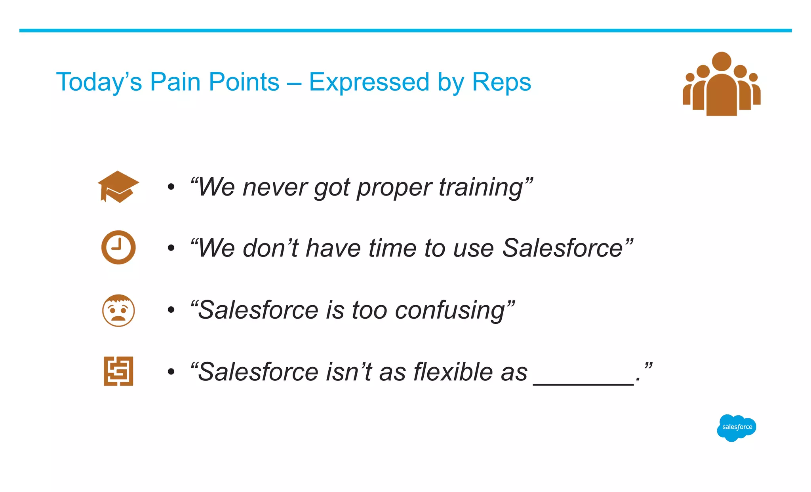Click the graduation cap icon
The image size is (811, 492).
[118, 187]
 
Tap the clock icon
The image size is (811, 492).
[118, 247]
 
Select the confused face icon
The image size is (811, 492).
[118, 310]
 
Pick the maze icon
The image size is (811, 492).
[118, 371]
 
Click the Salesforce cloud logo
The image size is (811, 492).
[737, 427]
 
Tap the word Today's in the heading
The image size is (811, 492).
[99, 82]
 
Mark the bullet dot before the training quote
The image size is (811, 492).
[171, 187]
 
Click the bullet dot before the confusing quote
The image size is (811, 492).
[171, 310]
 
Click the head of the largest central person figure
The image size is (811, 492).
[722, 61]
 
